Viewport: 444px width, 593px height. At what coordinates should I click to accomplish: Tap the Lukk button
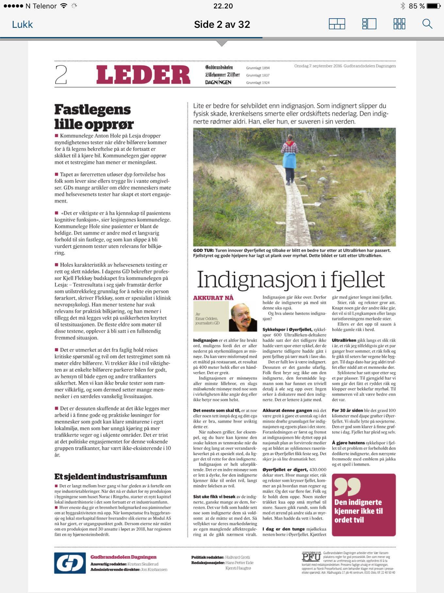click(x=22, y=25)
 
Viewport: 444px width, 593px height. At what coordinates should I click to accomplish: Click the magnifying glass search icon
click(x=427, y=24)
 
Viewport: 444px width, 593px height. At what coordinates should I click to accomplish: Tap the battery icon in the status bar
click(x=434, y=6)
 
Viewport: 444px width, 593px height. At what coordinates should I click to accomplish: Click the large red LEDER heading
click(x=143, y=75)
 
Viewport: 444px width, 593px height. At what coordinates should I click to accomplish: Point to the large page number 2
click(x=61, y=75)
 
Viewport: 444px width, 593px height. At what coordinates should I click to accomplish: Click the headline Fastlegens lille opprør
click(x=94, y=117)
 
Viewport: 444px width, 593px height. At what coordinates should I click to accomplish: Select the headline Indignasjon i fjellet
click(x=291, y=280)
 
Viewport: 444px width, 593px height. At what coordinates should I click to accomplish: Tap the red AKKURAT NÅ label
click(x=213, y=298)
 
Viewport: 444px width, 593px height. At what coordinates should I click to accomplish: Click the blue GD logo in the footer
click(x=70, y=563)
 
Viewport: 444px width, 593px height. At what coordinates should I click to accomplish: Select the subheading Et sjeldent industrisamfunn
click(x=110, y=476)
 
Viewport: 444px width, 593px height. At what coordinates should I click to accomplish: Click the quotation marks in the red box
click(x=347, y=486)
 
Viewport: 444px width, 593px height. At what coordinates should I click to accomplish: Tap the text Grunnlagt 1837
click(x=258, y=75)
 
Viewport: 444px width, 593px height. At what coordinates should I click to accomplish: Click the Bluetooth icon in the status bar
click(x=403, y=6)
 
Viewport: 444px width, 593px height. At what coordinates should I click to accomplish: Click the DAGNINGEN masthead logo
click(x=218, y=82)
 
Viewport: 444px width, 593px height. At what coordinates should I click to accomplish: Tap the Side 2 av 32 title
click(x=222, y=24)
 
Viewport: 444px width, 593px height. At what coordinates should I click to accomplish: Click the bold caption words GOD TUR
click(x=203, y=250)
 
